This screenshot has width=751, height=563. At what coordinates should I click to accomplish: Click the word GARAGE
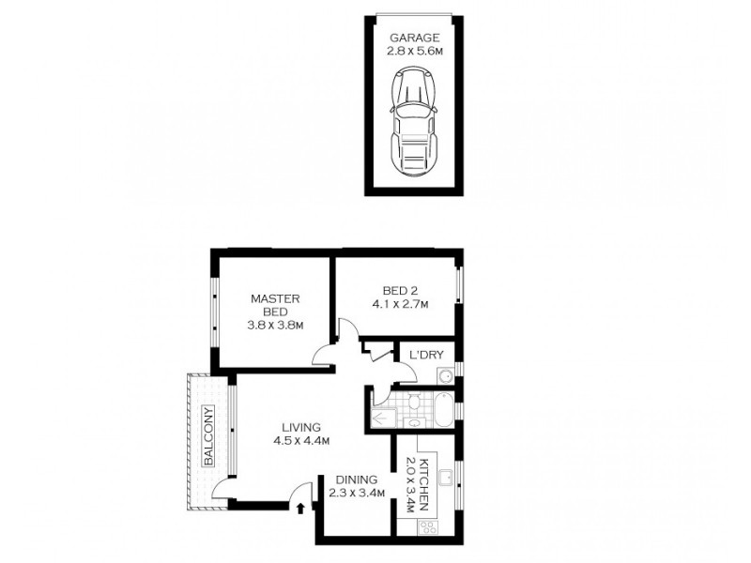point(414,38)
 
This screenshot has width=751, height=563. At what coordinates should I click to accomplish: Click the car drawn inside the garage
point(414,121)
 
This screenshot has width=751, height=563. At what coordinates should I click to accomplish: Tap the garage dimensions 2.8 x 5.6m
point(414,53)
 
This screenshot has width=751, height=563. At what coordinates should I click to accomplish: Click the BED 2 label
point(399,290)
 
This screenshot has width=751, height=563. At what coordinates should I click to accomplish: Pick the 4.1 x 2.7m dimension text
point(399,304)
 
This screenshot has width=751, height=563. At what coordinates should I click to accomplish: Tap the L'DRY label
point(421,355)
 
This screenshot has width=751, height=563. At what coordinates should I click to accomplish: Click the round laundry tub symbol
point(446,377)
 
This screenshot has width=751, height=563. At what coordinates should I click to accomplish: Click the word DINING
point(357,479)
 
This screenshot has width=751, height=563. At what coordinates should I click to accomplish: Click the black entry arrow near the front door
point(299,509)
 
